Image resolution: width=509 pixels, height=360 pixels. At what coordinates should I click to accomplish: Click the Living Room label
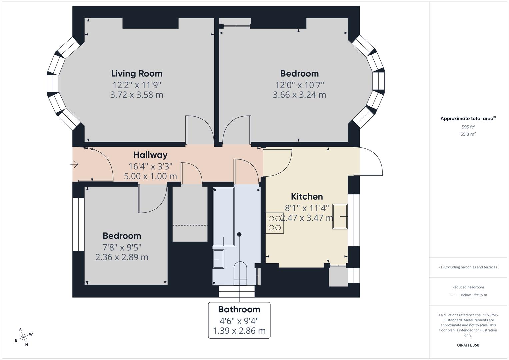pyautogui.click(x=137, y=73)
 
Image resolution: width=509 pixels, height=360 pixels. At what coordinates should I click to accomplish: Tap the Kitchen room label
pyautogui.click(x=307, y=196)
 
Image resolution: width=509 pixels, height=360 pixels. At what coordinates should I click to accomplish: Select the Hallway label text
pyautogui.click(x=150, y=155)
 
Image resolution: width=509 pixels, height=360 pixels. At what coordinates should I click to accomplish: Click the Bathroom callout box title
pyautogui.click(x=239, y=309)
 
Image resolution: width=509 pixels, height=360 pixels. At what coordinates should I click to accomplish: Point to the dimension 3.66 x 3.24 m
pyautogui.click(x=299, y=95)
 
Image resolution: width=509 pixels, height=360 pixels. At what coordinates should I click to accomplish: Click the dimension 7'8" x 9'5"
pyautogui.click(x=122, y=247)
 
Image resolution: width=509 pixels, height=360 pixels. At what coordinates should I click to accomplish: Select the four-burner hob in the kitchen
pyautogui.click(x=275, y=223)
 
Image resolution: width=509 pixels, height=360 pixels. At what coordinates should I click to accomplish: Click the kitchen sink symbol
pyautogui.click(x=340, y=216)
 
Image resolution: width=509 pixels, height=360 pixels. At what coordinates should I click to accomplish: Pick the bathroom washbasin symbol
pyautogui.click(x=218, y=258)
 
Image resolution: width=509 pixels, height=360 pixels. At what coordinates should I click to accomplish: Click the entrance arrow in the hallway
pyautogui.click(x=74, y=164)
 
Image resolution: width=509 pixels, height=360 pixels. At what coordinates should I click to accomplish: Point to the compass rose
pyautogui.click(x=23, y=337)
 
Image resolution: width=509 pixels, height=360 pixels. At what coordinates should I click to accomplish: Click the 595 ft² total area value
pyautogui.click(x=468, y=127)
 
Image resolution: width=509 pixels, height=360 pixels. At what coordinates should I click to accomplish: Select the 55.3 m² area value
pyautogui.click(x=468, y=134)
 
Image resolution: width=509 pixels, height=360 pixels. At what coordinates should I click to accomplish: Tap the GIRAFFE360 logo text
pyautogui.click(x=468, y=345)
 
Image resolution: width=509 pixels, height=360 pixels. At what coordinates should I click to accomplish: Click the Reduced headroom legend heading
pyautogui.click(x=468, y=287)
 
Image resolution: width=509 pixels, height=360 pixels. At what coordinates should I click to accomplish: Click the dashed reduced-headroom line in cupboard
pyautogui.click(x=190, y=225)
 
